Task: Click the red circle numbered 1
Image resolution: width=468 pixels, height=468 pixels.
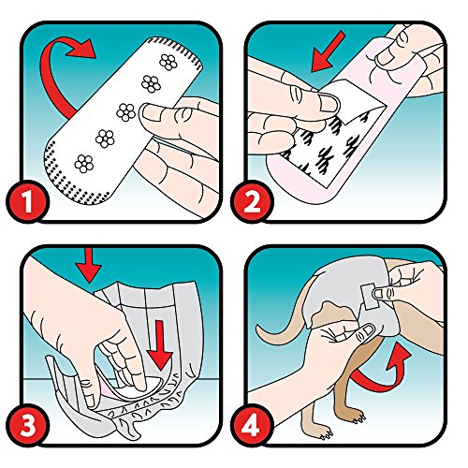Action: (28, 202)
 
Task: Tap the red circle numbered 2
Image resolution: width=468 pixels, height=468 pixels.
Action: (252, 202)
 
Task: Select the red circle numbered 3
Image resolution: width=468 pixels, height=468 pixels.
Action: (28, 425)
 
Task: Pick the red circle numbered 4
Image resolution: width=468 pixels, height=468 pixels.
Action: (252, 425)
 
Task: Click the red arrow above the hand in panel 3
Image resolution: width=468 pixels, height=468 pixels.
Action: (89, 265)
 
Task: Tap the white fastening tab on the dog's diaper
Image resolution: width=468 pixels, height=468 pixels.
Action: (369, 297)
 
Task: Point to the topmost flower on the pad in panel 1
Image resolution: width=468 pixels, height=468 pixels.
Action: (168, 62)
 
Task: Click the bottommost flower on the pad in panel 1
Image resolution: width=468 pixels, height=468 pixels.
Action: (84, 164)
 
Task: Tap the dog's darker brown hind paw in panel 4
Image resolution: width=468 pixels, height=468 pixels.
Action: (358, 419)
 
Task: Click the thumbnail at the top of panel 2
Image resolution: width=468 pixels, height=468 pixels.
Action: (386, 58)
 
